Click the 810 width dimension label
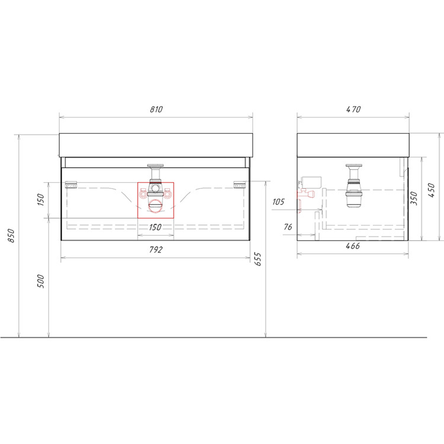156,109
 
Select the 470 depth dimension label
354,109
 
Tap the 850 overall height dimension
11,236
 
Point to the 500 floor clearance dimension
41,281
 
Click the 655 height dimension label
258,259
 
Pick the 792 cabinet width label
156,250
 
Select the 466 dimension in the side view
353,246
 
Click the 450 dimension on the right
431,190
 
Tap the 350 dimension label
414,198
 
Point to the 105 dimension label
279,202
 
